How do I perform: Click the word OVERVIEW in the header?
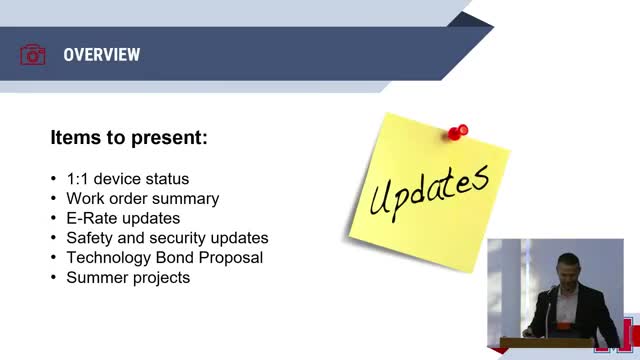point(102,55)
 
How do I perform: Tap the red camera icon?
point(33,55)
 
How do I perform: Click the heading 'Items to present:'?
point(129,137)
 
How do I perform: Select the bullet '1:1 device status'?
point(128,179)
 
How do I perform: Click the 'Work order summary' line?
point(143,199)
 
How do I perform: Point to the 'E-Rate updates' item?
point(123,218)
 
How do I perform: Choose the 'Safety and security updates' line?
point(167,238)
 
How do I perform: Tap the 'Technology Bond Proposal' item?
point(165,258)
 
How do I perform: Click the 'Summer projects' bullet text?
point(128,278)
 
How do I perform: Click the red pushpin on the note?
point(458,132)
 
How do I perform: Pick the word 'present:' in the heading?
point(169,138)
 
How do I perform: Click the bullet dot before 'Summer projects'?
point(53,278)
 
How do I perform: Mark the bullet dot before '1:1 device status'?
point(53,179)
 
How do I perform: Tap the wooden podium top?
point(547,342)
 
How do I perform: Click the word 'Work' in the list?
point(83,199)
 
